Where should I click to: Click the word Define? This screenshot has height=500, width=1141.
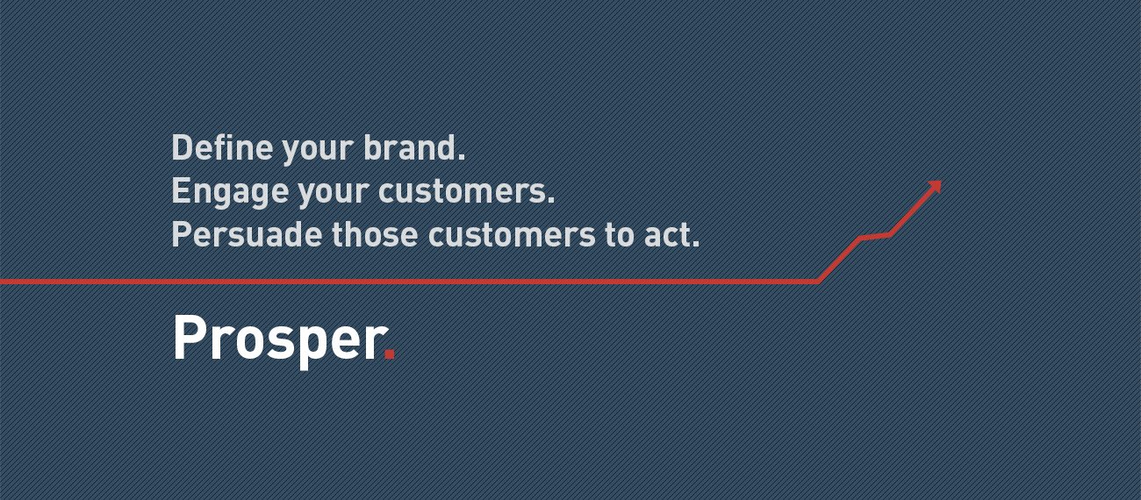[x=223, y=147]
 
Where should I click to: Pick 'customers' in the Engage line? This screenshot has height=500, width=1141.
[x=462, y=191]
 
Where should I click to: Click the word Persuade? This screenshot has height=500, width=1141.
[x=247, y=235]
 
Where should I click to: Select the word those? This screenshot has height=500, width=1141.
[x=375, y=235]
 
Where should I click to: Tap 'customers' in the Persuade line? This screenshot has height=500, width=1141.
[x=512, y=235]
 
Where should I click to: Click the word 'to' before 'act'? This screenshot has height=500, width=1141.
[x=620, y=236]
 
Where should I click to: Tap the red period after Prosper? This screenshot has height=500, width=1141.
[x=390, y=354]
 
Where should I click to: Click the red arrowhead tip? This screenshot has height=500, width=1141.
[x=941, y=182]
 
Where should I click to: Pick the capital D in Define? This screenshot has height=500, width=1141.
[x=182, y=147]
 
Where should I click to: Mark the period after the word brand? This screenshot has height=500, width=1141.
[x=461, y=157]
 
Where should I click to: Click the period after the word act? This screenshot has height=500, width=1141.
[x=695, y=245]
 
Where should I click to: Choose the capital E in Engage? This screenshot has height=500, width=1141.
[x=180, y=191]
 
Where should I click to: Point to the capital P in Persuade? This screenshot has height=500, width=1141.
[x=182, y=234]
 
